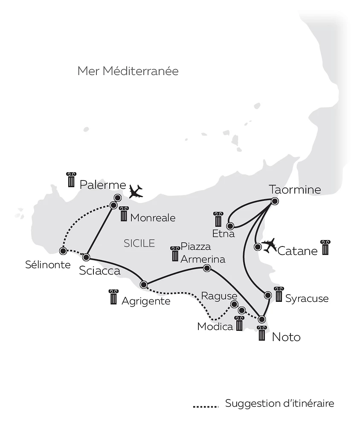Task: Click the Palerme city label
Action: [103, 185]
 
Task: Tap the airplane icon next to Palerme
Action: [136, 191]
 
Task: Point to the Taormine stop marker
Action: [275, 201]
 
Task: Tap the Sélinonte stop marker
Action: [63, 251]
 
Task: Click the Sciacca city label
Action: [100, 271]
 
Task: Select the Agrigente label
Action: [146, 301]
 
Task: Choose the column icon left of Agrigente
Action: [113, 297]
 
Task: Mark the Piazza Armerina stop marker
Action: [207, 268]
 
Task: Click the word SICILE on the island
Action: [139, 243]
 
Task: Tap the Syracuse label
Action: [307, 298]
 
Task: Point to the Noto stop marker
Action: [262, 319]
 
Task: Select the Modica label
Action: [215, 327]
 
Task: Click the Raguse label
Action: [219, 296]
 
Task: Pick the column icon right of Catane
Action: [325, 247]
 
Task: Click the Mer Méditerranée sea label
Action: [128, 71]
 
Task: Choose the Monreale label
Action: [153, 218]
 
